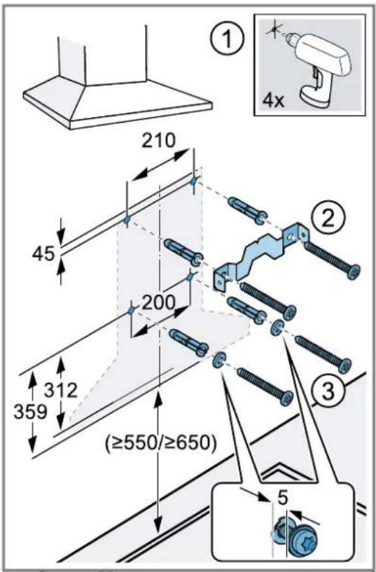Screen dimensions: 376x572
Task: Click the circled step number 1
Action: pyautogui.click(x=226, y=39)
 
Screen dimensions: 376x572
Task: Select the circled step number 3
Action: pyautogui.click(x=328, y=392)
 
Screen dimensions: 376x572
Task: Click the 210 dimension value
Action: pyautogui.click(x=158, y=140)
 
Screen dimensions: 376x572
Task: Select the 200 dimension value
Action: pyautogui.click(x=158, y=302)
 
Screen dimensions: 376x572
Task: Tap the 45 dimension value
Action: pyautogui.click(x=43, y=254)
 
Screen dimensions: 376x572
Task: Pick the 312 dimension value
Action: pyautogui.click(x=61, y=391)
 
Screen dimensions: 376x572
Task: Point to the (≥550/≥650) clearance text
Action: pyautogui.click(x=160, y=444)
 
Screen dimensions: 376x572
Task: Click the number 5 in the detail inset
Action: pyautogui.click(x=283, y=498)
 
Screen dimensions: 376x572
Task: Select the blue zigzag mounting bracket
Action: pyautogui.click(x=260, y=256)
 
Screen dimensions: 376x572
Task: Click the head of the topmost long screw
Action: pyautogui.click(x=354, y=272)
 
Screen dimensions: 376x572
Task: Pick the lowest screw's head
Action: pyautogui.click(x=286, y=397)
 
